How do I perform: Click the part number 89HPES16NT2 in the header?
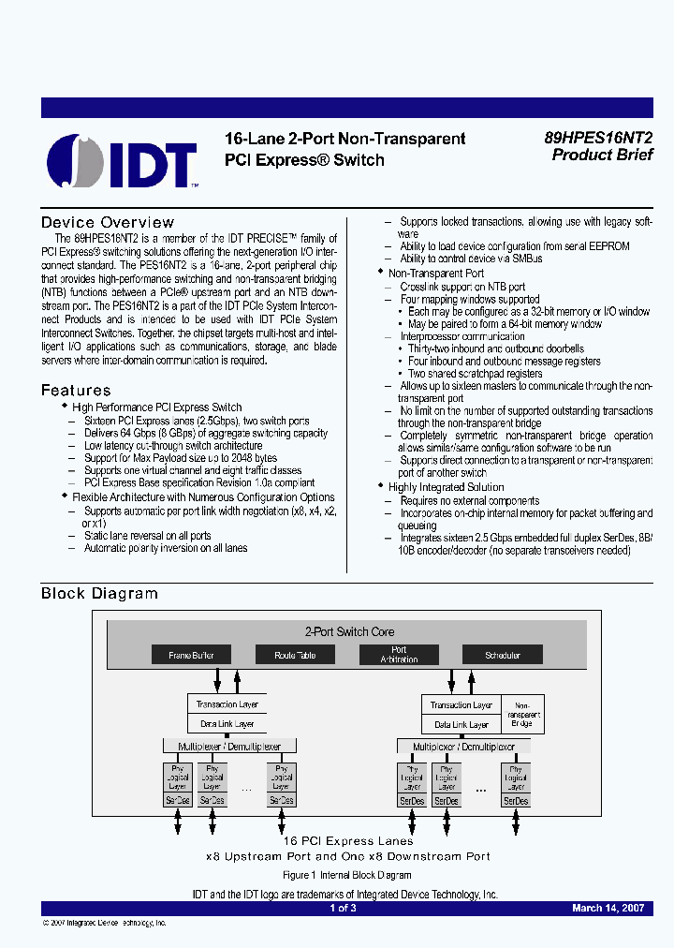[x=598, y=137]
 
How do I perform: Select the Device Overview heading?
[x=108, y=222]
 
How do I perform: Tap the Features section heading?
[x=76, y=390]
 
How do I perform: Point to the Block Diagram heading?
[x=99, y=593]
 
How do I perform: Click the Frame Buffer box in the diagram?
[x=191, y=655]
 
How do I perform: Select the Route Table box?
[x=295, y=655]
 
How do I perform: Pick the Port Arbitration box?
[x=399, y=654]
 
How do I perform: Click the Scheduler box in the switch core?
[x=503, y=655]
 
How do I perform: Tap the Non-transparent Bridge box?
[x=523, y=714]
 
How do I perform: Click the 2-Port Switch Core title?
[x=350, y=631]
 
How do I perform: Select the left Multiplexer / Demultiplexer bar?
[x=229, y=746]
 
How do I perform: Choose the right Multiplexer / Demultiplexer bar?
[x=463, y=747]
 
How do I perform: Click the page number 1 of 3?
[x=343, y=908]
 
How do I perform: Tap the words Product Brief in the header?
[x=602, y=156]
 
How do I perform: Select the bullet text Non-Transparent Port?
[x=442, y=274]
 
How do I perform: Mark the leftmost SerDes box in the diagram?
[x=177, y=800]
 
